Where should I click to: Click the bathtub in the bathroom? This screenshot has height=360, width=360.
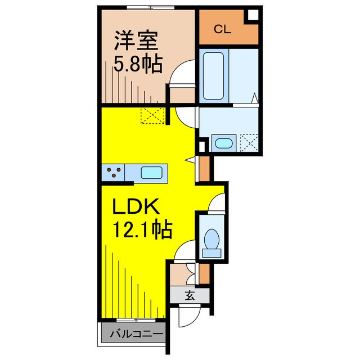click(x=215, y=74)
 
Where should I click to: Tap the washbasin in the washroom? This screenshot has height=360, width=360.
click(x=224, y=142)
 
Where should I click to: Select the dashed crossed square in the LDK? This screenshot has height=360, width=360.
click(x=150, y=116)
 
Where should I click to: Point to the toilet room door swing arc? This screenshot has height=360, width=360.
click(x=216, y=203)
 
